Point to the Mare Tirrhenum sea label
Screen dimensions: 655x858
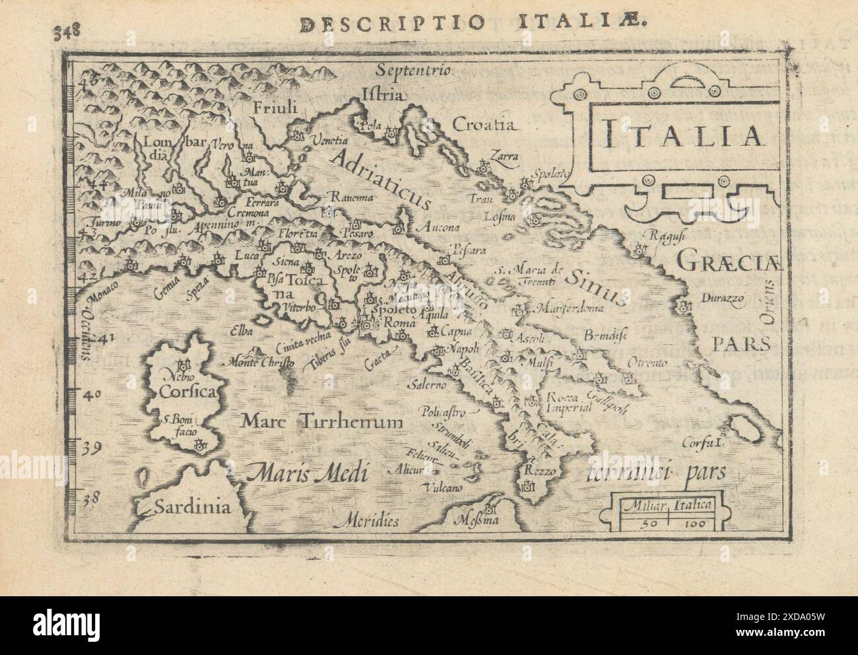[321, 419]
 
